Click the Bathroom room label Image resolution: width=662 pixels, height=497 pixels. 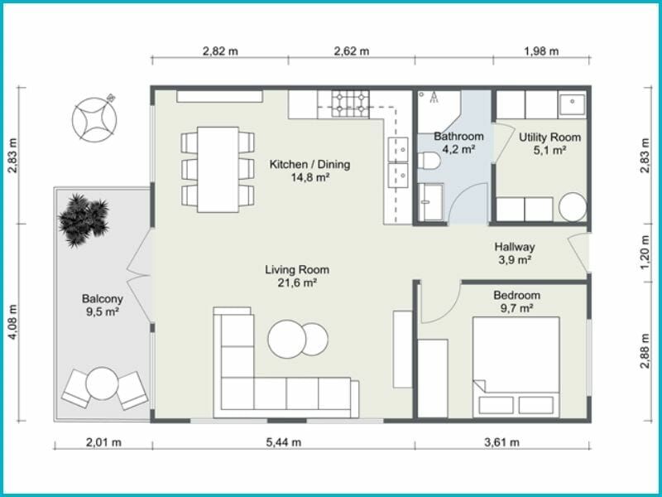(x=458, y=137)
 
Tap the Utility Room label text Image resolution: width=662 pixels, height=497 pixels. (x=549, y=138)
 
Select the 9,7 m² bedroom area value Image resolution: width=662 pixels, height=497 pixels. (x=516, y=308)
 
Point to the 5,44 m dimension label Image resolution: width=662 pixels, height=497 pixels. (x=284, y=442)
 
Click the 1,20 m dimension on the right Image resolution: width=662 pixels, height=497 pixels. (x=645, y=253)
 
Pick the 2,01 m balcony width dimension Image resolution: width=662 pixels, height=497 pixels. (x=103, y=442)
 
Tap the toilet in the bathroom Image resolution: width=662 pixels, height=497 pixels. (x=429, y=161)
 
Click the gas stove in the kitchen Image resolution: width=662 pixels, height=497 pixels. (x=350, y=104)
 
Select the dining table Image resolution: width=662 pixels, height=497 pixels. (x=218, y=170)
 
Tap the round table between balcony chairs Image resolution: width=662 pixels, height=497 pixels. (x=102, y=384)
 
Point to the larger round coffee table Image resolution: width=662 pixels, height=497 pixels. (x=286, y=340)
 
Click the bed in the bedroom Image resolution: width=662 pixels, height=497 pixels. (x=516, y=367)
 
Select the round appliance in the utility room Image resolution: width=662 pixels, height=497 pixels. (x=573, y=207)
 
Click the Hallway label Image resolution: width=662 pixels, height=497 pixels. (x=515, y=247)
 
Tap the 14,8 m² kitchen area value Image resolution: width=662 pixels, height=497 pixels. (x=309, y=177)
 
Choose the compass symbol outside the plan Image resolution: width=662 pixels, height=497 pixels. (x=94, y=119)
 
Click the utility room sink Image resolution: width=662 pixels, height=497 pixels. (x=572, y=106)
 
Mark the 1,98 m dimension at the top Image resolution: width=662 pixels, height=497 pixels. (x=541, y=51)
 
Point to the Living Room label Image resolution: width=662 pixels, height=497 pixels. (x=297, y=270)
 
